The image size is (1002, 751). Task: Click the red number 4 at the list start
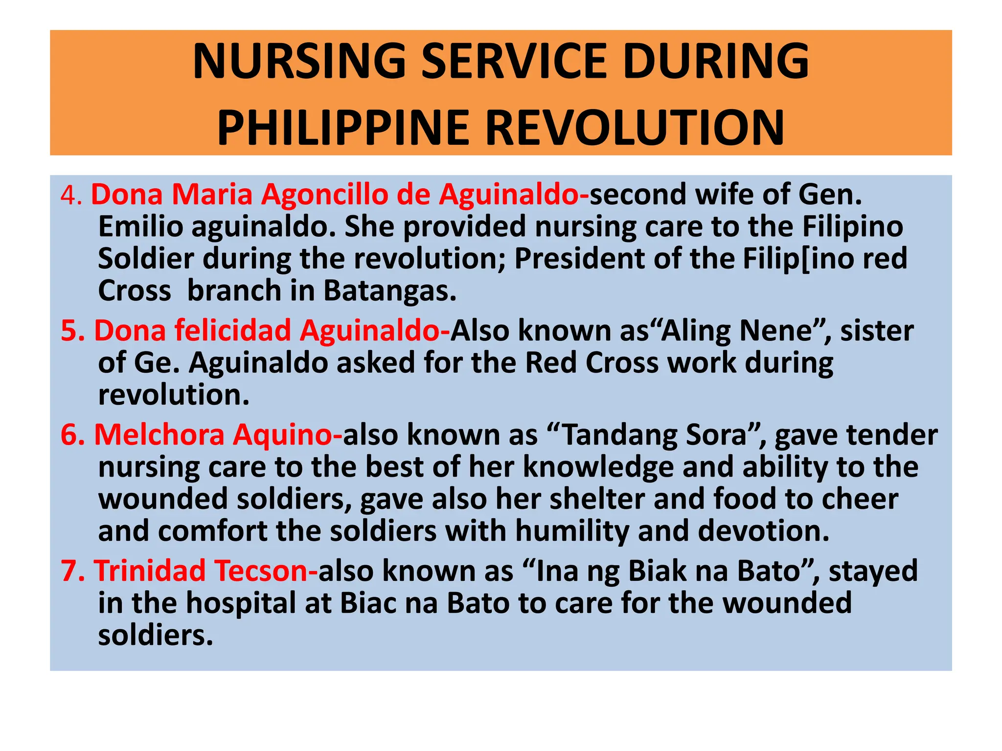pos(70,196)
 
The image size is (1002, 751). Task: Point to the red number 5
pos(70,331)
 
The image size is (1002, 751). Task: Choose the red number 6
pos(70,435)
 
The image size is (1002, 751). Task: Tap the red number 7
pos(70,571)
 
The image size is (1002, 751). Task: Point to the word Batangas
pos(389,291)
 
